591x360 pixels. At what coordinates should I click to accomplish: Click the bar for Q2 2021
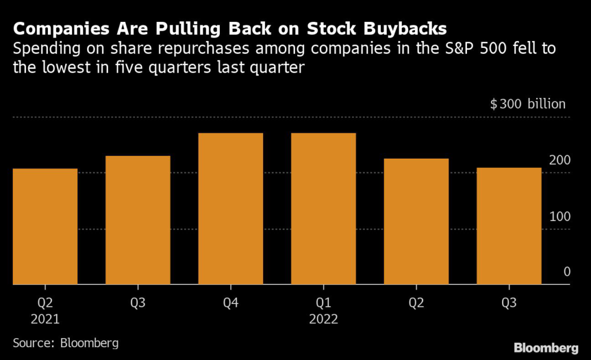(45, 227)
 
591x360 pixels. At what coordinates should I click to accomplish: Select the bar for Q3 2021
(138, 220)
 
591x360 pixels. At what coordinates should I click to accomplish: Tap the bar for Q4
(231, 209)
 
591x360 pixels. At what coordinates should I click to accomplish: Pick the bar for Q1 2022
(324, 209)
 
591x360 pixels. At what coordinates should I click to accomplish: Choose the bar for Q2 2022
(416, 222)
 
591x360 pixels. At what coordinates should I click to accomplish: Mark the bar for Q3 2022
(509, 226)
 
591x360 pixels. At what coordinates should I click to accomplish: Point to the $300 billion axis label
(528, 104)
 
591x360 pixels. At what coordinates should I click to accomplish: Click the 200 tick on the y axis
(559, 160)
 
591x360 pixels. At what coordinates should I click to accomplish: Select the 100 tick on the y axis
(559, 216)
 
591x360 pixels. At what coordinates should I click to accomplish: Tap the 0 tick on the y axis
(567, 272)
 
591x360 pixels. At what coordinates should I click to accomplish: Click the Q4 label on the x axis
(231, 302)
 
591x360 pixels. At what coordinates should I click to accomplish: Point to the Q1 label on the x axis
(324, 302)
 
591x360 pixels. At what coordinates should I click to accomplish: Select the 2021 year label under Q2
(45, 319)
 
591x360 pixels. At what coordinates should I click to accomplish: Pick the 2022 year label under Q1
(324, 319)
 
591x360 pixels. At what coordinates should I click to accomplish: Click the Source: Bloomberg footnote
(65, 343)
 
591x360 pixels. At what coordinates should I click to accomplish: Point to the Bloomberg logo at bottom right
(546, 347)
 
